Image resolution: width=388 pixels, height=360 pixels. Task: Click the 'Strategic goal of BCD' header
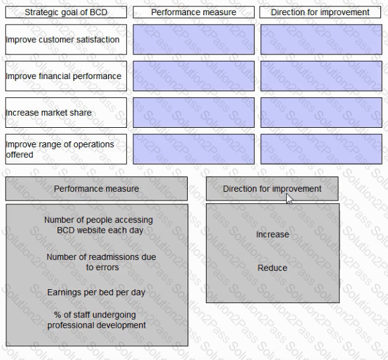66,12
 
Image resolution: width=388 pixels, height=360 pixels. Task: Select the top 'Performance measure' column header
193,12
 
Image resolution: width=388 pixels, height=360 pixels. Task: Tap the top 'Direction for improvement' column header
320,12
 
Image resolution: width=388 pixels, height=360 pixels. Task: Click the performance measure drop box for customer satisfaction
193,39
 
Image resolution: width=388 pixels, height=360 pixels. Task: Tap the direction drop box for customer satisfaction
321,39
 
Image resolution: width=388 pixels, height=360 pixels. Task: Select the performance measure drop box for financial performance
193,76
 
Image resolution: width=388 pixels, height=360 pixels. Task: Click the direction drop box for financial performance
321,76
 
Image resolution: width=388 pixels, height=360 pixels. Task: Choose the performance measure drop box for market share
193,113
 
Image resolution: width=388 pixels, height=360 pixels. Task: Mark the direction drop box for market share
321,113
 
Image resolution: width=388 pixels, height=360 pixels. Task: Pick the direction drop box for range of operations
321,149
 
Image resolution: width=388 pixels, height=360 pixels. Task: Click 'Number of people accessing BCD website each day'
99,225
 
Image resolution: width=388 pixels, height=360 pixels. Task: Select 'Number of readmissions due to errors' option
102,262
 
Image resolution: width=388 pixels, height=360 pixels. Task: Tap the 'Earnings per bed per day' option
96,292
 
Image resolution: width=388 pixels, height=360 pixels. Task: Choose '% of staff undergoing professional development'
97,320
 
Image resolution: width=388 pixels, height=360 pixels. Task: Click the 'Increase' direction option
272,234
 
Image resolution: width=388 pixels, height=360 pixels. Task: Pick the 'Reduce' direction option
272,268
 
